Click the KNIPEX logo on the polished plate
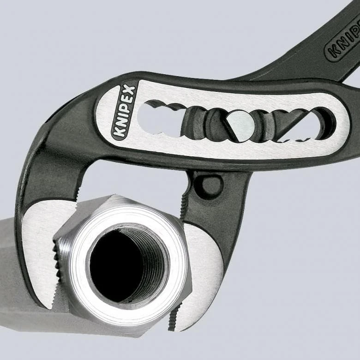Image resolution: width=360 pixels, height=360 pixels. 124,112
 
